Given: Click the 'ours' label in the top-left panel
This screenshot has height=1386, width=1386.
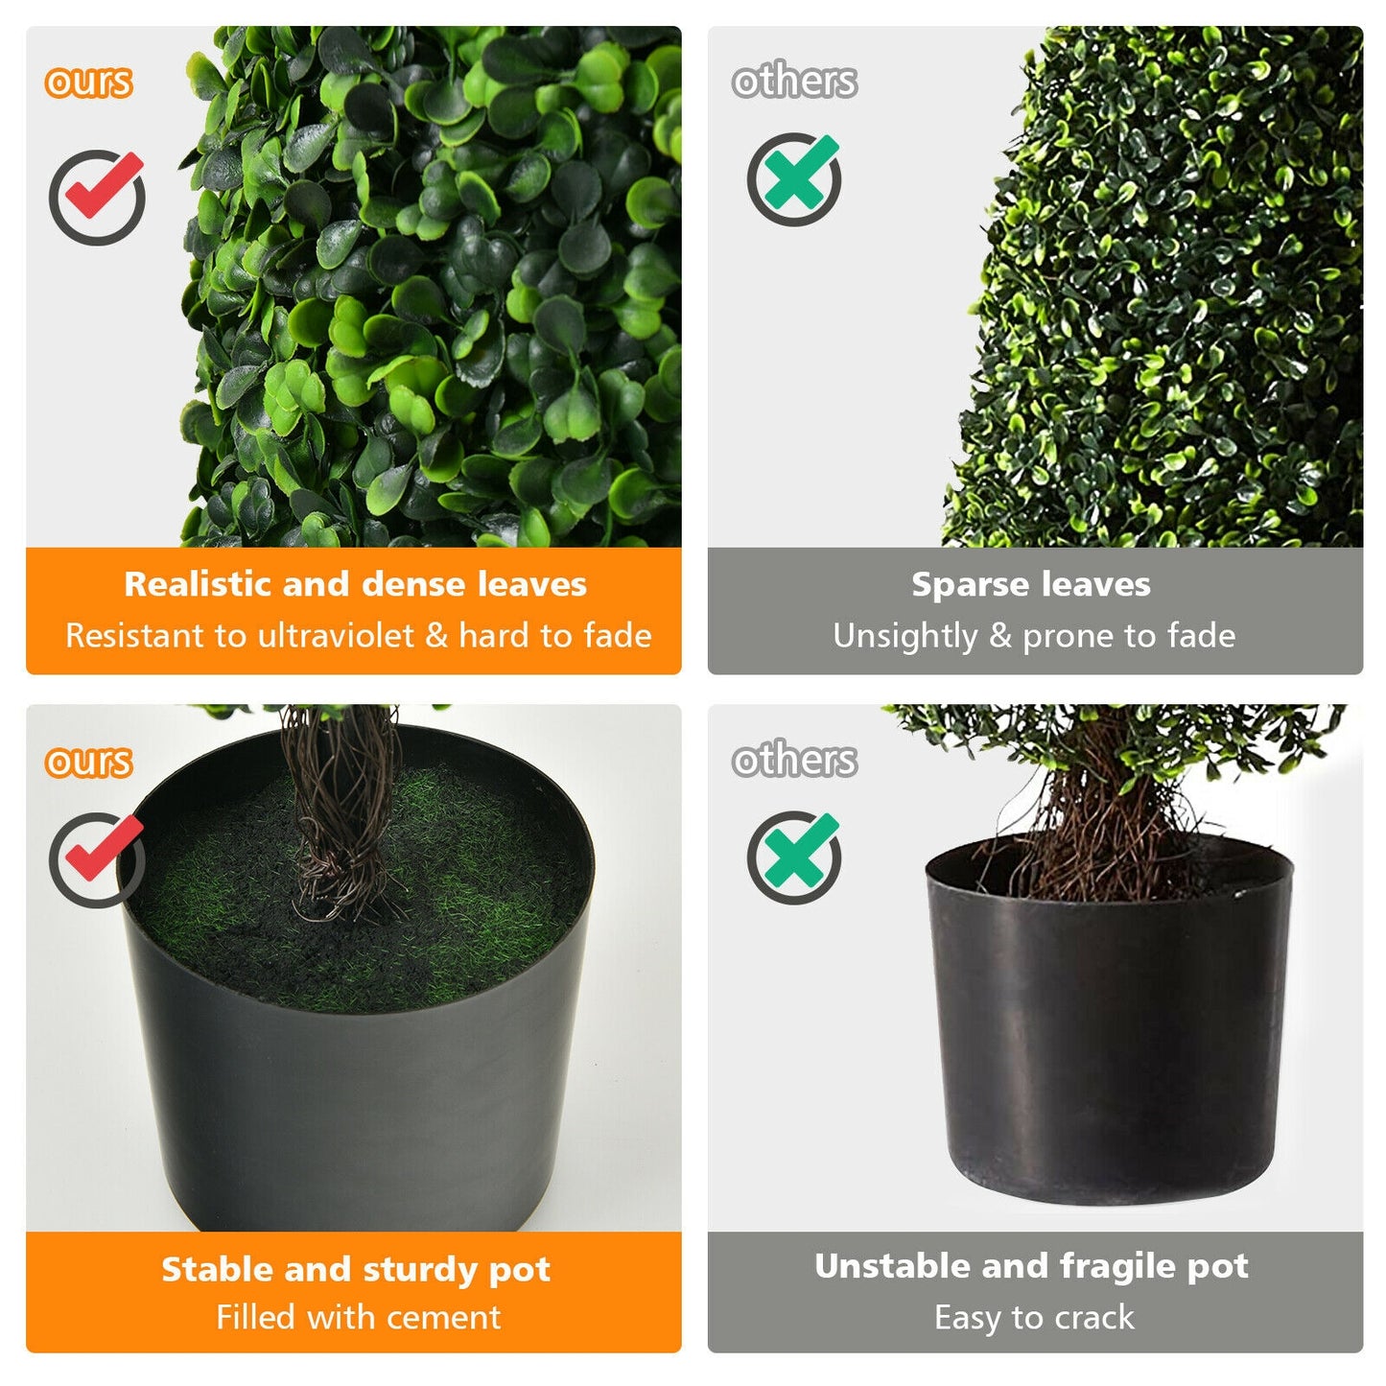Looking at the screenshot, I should [x=88, y=82].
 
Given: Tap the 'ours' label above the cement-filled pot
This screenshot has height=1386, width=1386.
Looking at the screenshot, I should [x=88, y=762].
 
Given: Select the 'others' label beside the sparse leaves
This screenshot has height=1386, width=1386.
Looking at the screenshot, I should [x=794, y=81].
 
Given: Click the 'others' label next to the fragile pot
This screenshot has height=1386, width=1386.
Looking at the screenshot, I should [x=794, y=760].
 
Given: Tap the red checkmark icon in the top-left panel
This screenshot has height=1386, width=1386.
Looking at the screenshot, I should [x=98, y=196].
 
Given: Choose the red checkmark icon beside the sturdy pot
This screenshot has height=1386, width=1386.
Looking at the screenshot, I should [x=98, y=858].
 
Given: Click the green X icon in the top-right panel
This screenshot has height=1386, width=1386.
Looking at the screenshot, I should [x=794, y=178].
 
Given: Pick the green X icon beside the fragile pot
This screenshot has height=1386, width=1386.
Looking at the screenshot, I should [x=794, y=857].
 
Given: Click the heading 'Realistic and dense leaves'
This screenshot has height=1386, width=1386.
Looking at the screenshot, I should [x=355, y=584].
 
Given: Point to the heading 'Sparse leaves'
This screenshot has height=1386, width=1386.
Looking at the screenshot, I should [x=1031, y=584].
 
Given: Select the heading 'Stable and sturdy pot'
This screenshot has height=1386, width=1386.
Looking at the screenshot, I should [x=355, y=1269].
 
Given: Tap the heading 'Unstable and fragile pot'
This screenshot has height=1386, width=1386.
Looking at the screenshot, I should [x=1031, y=1266].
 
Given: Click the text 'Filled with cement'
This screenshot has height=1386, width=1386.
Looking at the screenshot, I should [x=358, y=1317].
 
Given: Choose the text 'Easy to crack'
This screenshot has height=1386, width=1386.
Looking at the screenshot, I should [x=1034, y=1317].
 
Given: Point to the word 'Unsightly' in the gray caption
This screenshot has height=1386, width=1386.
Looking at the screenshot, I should [x=904, y=636].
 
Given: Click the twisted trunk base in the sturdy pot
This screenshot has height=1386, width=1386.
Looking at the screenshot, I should [x=341, y=863].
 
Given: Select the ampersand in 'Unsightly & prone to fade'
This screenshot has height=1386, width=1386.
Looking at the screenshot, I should [x=1000, y=636].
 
